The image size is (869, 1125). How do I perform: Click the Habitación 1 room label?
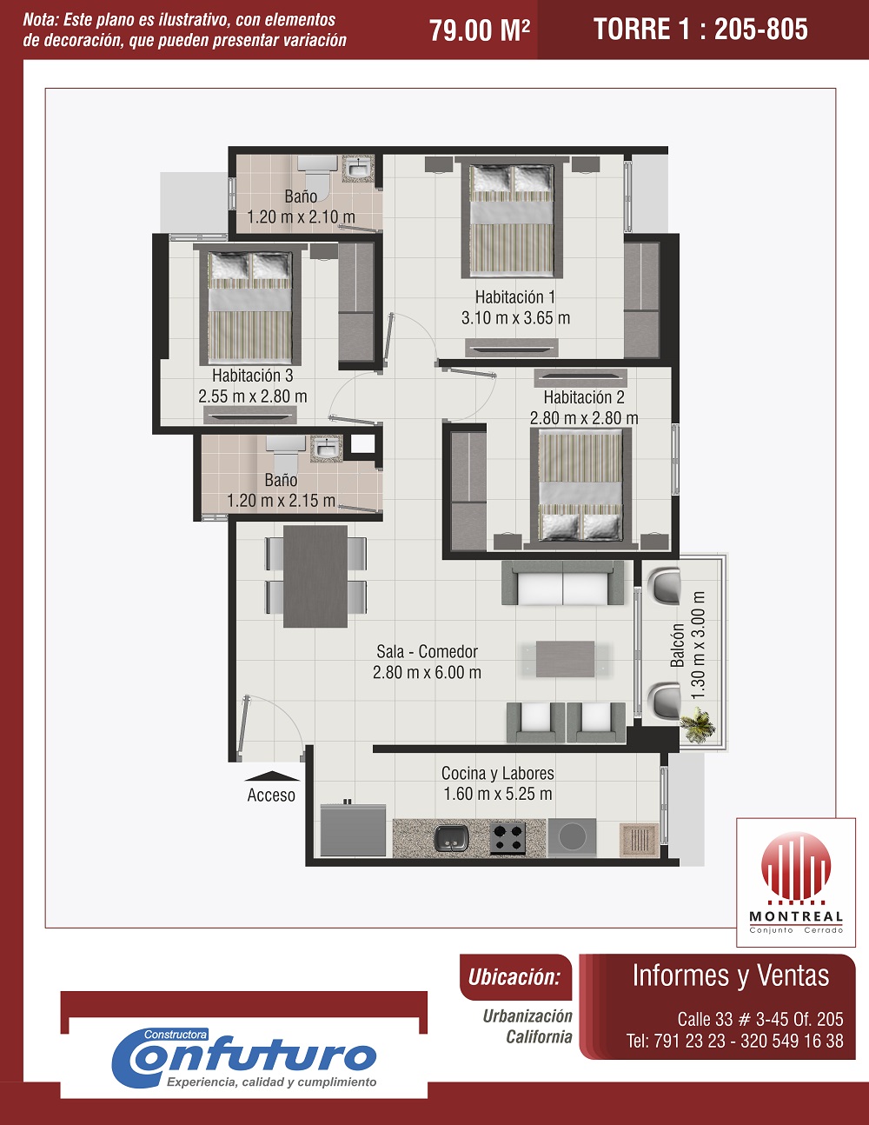515,297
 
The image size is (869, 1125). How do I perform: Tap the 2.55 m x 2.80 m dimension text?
253,396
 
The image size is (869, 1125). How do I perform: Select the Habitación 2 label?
584,397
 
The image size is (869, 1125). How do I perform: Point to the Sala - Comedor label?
427,651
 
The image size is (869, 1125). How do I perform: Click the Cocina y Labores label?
498,774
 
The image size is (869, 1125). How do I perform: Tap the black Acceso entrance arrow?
271,776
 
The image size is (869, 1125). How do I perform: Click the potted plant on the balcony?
699,725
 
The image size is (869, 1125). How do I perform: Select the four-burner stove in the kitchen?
507,838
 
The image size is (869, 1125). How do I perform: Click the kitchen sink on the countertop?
452,838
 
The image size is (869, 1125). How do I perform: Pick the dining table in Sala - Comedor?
315,576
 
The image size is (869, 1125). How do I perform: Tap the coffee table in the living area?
565,659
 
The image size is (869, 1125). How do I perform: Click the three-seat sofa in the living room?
563,583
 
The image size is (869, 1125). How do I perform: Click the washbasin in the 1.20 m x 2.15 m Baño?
327,449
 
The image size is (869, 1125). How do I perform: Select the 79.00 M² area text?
480,30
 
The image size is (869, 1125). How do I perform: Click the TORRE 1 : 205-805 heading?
701,29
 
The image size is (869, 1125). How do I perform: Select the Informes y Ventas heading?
731,975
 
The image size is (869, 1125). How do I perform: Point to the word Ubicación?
514,977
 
